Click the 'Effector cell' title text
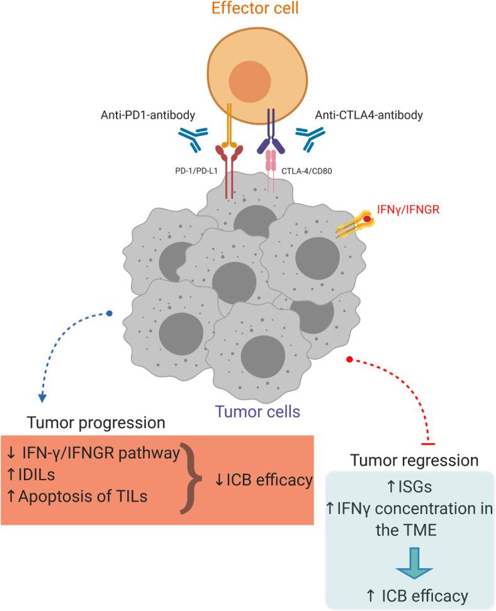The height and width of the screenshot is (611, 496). point(255,8)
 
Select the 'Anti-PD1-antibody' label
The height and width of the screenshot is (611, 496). point(148,115)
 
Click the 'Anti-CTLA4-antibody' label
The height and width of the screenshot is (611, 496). point(369,115)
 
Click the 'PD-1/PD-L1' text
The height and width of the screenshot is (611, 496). point(196,171)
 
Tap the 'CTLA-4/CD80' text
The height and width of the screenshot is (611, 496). point(307,171)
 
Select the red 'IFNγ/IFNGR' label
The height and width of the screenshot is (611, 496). point(408,210)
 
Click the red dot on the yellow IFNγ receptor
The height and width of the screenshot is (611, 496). point(367,219)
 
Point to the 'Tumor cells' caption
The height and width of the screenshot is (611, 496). point(257,412)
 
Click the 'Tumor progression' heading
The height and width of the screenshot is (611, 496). point(96,423)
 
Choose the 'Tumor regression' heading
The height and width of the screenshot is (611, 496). point(415,460)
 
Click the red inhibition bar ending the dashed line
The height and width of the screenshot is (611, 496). point(428,444)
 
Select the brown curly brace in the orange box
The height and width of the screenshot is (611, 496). point(191,478)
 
